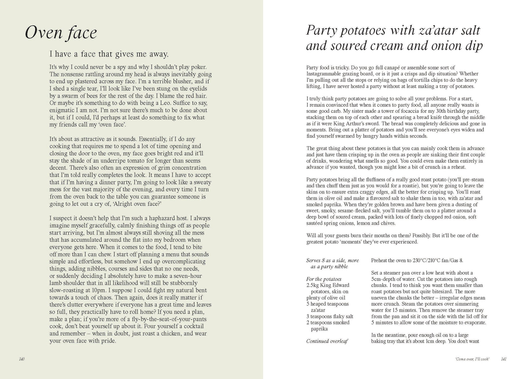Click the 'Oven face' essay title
[x=61, y=33]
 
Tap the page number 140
[x=21, y=359]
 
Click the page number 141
[x=504, y=359]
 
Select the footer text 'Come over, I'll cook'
[x=472, y=359]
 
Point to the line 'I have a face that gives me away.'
[x=109, y=54]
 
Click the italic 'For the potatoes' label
[x=324, y=279]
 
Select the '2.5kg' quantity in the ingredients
[x=313, y=285]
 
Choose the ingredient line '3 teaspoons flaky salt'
[x=329, y=316]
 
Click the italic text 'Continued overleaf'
[x=327, y=341]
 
